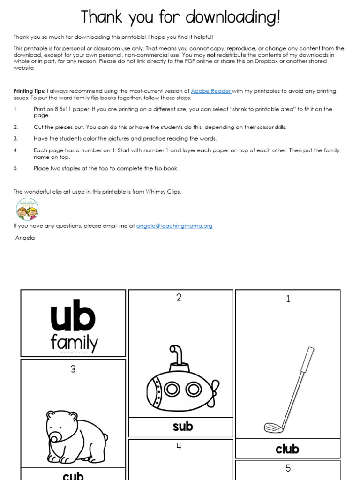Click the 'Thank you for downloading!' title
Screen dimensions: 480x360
pos(180,17)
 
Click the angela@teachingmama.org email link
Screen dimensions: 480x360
pos(174,226)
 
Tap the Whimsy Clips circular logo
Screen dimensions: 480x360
pos(27,209)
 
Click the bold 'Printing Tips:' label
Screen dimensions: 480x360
pos(30,91)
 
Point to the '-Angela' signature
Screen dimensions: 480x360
pos(24,238)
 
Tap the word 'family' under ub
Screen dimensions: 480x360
pos(74,343)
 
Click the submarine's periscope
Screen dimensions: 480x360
pos(175,355)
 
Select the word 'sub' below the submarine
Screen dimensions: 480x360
pos(182,427)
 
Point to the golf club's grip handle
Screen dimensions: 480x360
pos(308,359)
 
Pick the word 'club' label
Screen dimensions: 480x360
pos(287,449)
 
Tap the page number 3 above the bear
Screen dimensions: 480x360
pos(73,369)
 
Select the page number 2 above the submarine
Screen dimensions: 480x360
pos(179,298)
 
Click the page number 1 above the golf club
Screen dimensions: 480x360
pos(288,299)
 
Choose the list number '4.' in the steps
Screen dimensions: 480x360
pos(16,151)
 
